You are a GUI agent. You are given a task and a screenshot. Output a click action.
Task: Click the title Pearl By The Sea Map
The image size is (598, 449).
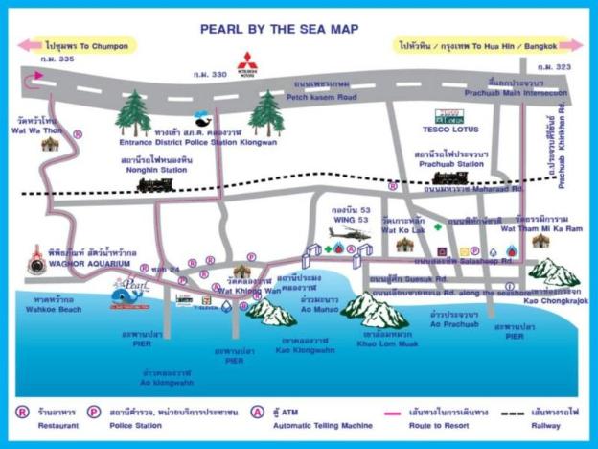point(279,30)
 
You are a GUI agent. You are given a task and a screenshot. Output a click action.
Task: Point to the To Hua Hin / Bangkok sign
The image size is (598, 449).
point(489,44)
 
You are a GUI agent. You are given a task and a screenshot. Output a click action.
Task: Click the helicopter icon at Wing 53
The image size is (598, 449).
point(342,233)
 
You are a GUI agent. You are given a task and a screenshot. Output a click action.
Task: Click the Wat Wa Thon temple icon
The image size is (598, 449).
point(49,144)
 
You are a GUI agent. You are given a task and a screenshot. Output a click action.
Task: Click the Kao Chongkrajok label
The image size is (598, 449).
point(558,300)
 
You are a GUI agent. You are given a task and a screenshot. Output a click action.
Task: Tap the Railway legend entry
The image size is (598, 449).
point(556,421)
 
